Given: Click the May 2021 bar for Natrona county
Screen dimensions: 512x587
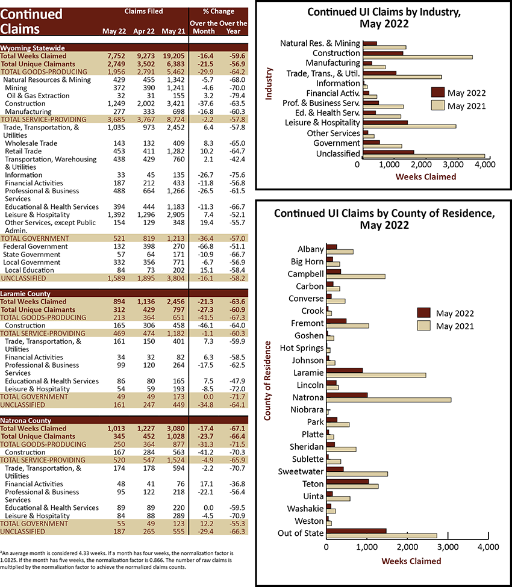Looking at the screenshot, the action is [389, 400].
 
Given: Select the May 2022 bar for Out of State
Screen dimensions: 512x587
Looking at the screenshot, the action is [356, 531].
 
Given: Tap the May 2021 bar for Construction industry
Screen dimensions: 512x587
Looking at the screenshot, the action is [417, 57].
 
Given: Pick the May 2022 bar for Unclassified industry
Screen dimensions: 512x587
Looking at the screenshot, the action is [389, 152].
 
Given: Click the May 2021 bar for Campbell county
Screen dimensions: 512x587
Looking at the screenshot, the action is [355, 276].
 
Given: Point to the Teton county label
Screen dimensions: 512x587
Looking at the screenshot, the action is [313, 483].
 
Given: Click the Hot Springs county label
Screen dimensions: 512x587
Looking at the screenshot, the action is [302, 348].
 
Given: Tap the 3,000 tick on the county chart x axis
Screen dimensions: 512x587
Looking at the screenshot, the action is [448, 547].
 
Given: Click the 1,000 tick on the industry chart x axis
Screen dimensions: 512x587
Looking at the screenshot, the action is [389, 164].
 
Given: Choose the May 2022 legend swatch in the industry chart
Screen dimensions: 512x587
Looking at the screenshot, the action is [437, 93].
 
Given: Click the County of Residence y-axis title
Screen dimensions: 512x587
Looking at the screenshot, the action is [267, 380].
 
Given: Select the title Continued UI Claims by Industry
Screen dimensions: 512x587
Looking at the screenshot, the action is [384, 17].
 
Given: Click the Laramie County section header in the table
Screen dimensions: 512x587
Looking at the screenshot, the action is [25, 294].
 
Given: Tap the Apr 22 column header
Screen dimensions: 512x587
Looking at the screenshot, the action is [144, 31].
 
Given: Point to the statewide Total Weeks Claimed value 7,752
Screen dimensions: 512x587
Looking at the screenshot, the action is [116, 56].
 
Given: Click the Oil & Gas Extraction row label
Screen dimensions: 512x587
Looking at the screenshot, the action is [38, 96].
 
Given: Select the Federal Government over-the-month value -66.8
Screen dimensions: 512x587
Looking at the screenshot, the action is [205, 246].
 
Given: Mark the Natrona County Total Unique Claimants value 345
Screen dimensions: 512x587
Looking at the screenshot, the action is [119, 436].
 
